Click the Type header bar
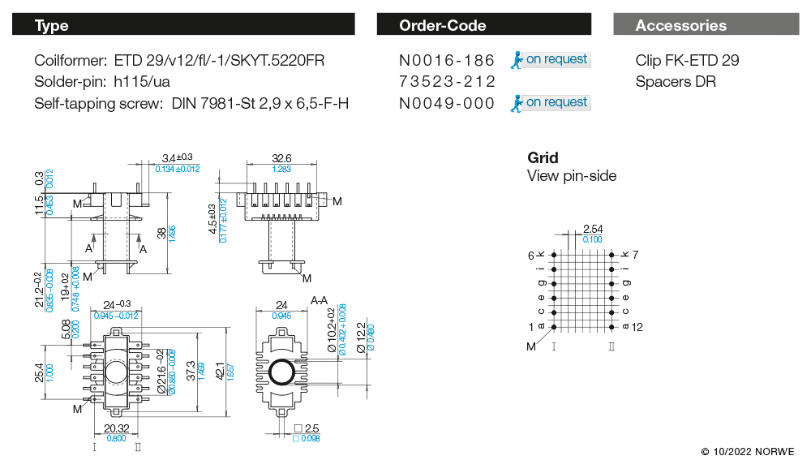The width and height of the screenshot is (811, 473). tap(183, 25)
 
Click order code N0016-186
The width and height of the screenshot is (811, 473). tap(447, 61)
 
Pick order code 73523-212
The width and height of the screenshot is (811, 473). tap(447, 82)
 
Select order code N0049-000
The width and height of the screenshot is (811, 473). tap(447, 103)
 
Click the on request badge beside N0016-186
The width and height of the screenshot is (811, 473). tap(550, 60)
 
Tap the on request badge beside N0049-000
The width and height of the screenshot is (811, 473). tap(550, 103)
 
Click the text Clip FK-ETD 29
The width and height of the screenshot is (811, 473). tap(687, 61)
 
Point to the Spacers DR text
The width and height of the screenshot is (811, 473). tap(676, 82)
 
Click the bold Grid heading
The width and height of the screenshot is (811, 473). tap(543, 157)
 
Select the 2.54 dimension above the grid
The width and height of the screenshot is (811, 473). tap(593, 230)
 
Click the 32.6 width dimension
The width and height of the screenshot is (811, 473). tap(281, 158)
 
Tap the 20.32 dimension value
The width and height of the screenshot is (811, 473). tap(116, 428)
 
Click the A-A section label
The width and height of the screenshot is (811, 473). tap(320, 300)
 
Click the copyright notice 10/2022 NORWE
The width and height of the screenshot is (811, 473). tap(748, 451)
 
